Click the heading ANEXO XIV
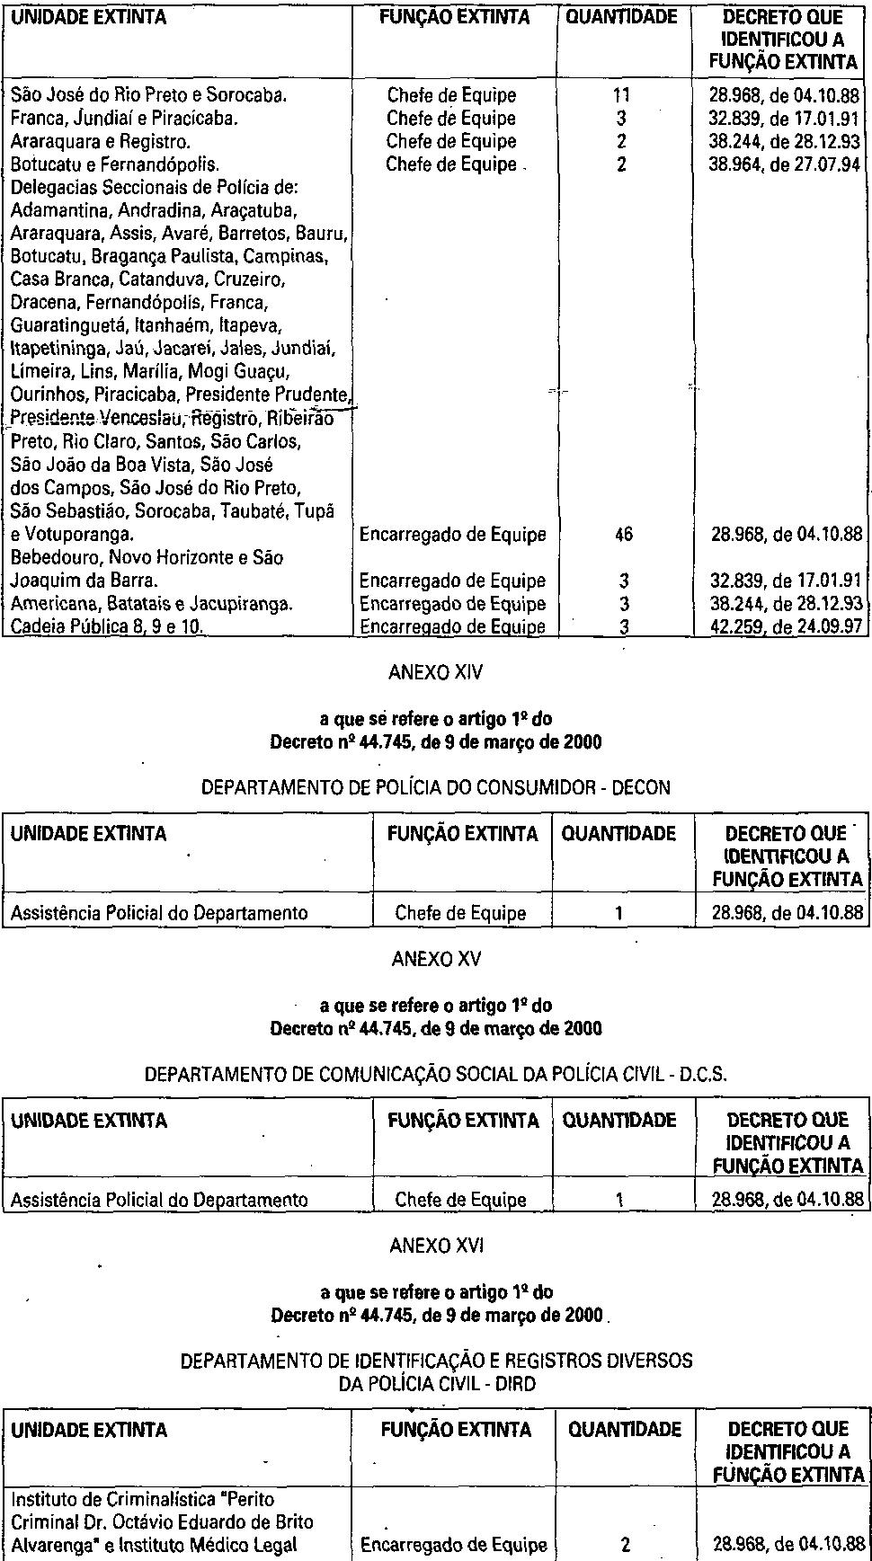[436, 672]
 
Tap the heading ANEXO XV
[436, 959]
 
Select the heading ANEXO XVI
[436, 1246]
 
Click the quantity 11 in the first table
[621, 95]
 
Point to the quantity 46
[623, 535]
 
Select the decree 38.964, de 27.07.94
[784, 164]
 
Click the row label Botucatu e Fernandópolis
[115, 164]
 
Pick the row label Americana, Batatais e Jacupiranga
[151, 604]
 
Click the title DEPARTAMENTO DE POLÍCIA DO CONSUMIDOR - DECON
[436, 788]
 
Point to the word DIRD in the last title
[515, 1384]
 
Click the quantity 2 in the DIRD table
[625, 1545]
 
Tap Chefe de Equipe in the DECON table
[460, 914]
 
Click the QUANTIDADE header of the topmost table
[621, 18]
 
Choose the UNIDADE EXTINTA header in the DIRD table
[89, 1430]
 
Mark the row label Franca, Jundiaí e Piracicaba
[124, 118]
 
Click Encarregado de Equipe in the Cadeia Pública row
[452, 626]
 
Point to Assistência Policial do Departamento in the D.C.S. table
[159, 1200]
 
